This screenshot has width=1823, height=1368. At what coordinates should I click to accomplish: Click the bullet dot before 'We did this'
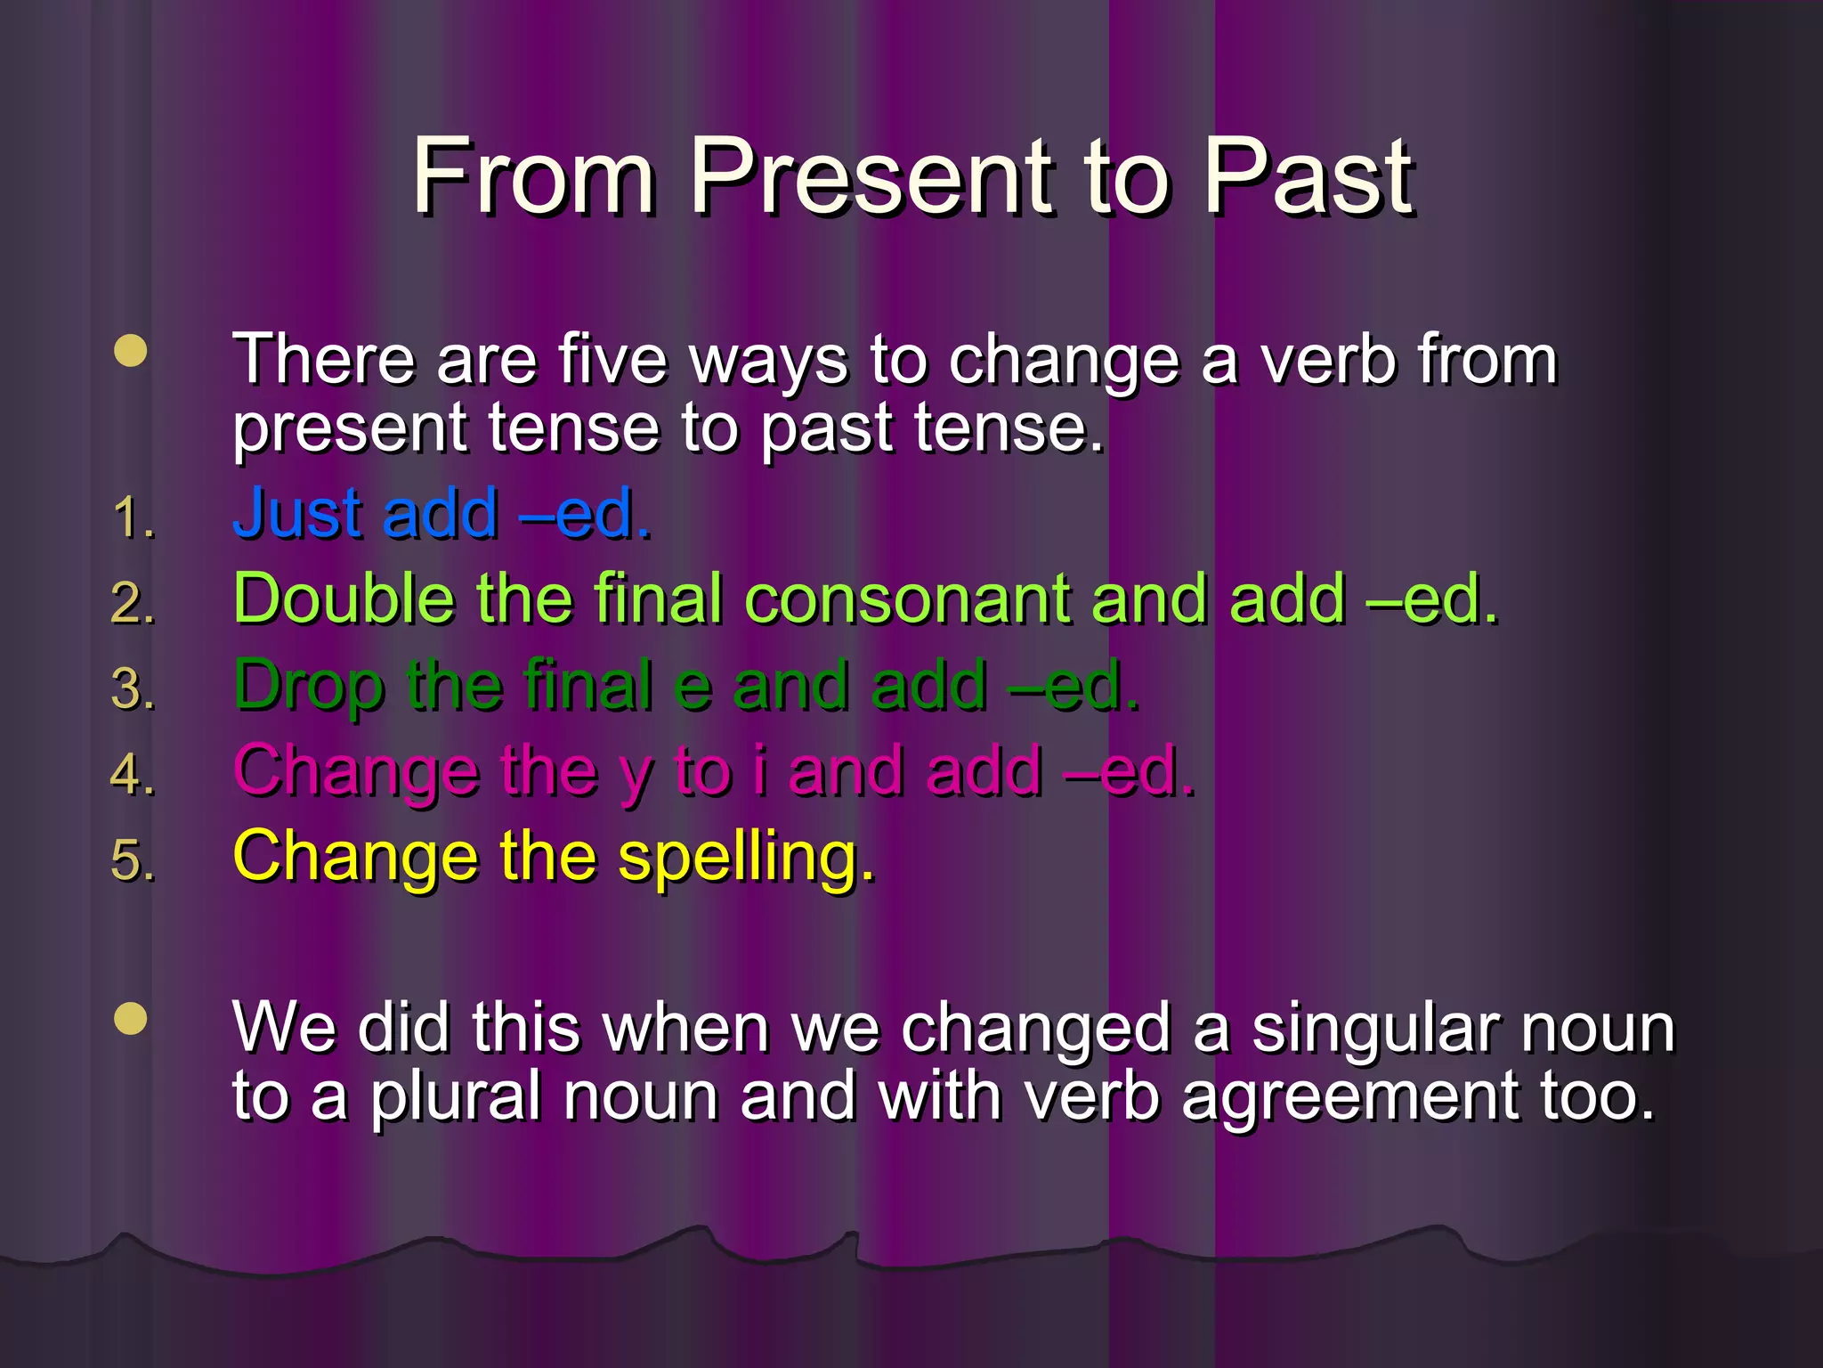click(131, 1019)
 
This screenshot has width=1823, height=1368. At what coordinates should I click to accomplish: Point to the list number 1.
click(133, 517)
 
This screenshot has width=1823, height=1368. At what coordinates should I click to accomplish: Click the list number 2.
click(133, 603)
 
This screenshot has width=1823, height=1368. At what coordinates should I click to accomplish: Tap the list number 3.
click(133, 689)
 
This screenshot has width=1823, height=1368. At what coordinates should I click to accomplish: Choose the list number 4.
click(133, 773)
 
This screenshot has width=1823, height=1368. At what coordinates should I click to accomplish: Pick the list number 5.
click(133, 860)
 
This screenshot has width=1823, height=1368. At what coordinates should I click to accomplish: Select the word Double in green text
click(344, 598)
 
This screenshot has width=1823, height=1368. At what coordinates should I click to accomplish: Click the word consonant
click(907, 600)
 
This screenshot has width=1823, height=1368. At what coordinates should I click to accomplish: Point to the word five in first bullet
click(612, 360)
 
